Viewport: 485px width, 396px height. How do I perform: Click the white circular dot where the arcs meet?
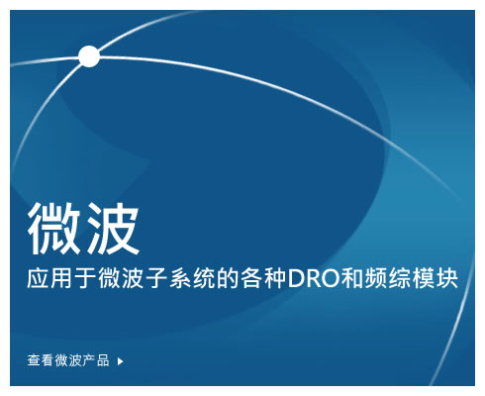[x=89, y=56]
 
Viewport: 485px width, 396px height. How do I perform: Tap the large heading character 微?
[x=54, y=229]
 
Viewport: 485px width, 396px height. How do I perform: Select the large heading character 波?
[x=113, y=229]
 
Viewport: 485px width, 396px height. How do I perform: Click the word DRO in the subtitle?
[x=314, y=279]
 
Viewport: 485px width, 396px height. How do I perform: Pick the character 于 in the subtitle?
[x=85, y=279]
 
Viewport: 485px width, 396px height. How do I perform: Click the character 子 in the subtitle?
[x=156, y=279]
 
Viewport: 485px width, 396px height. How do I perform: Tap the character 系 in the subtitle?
[x=180, y=279]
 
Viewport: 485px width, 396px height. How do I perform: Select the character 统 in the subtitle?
[x=204, y=279]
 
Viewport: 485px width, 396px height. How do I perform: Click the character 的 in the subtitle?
[x=228, y=279]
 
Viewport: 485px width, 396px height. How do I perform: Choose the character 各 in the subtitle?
[x=251, y=279]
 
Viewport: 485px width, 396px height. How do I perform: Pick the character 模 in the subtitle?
[x=424, y=279]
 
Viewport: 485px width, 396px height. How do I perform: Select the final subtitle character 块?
[x=447, y=279]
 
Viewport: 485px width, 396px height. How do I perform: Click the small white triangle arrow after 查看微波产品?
[x=121, y=361]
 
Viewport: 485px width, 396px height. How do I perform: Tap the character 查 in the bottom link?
[x=34, y=360]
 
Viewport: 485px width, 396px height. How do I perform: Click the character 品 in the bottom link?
[x=103, y=360]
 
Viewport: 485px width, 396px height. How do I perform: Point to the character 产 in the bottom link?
[x=89, y=360]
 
